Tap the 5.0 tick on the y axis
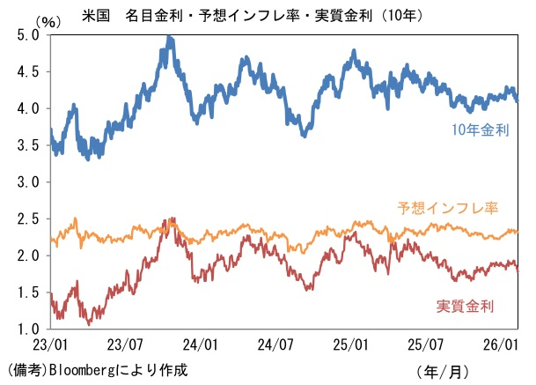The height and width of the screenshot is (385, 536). coord(29,35)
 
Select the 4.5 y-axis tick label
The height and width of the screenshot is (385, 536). coord(29,72)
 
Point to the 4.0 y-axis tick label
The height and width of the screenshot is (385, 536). coord(29,108)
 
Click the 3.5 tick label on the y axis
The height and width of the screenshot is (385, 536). coord(29,145)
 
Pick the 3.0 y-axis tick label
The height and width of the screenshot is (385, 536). coord(29,182)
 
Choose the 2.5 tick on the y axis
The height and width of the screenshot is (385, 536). coord(29,218)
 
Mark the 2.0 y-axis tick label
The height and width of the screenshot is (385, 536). coord(29,255)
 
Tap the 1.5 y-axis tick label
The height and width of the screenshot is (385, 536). coord(29,292)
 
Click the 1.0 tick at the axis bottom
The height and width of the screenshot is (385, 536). coord(29,329)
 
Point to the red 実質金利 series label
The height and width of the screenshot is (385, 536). coord(465,306)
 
